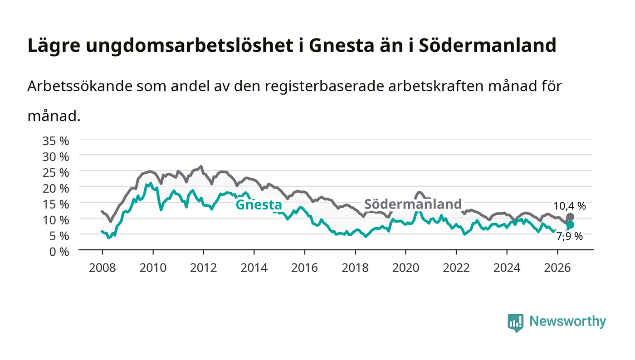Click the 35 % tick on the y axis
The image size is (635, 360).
tap(55, 141)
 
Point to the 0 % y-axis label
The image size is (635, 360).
tap(59, 252)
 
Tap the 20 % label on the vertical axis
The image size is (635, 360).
tap(55, 189)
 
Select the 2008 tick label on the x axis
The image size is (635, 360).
tap(103, 268)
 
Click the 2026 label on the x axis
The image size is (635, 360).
tap(557, 268)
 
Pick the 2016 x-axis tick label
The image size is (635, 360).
tap(304, 268)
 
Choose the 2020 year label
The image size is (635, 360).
tap(405, 268)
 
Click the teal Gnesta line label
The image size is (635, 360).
tap(259, 204)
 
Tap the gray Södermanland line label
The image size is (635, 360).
tap(413, 204)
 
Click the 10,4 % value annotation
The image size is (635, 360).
tap(570, 206)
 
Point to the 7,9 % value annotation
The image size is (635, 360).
tap(570, 236)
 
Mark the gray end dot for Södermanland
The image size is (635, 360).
tap(570, 217)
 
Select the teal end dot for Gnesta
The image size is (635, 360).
tap(570, 225)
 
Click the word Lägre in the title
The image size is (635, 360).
tap(54, 46)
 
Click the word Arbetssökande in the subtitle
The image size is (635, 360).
tap(80, 86)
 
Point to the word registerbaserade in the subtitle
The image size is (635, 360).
tap(324, 87)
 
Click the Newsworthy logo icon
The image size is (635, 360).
tap(515, 322)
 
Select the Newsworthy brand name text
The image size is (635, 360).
tap(568, 321)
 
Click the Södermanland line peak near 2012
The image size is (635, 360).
tap(201, 166)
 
